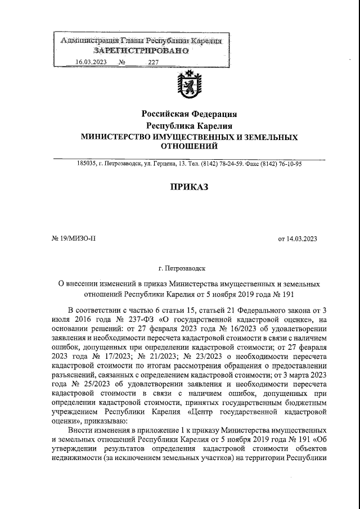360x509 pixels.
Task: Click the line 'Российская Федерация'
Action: [x=189, y=114]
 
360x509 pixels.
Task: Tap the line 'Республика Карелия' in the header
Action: [x=189, y=125]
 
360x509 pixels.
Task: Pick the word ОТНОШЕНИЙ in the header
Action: [x=189, y=147]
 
